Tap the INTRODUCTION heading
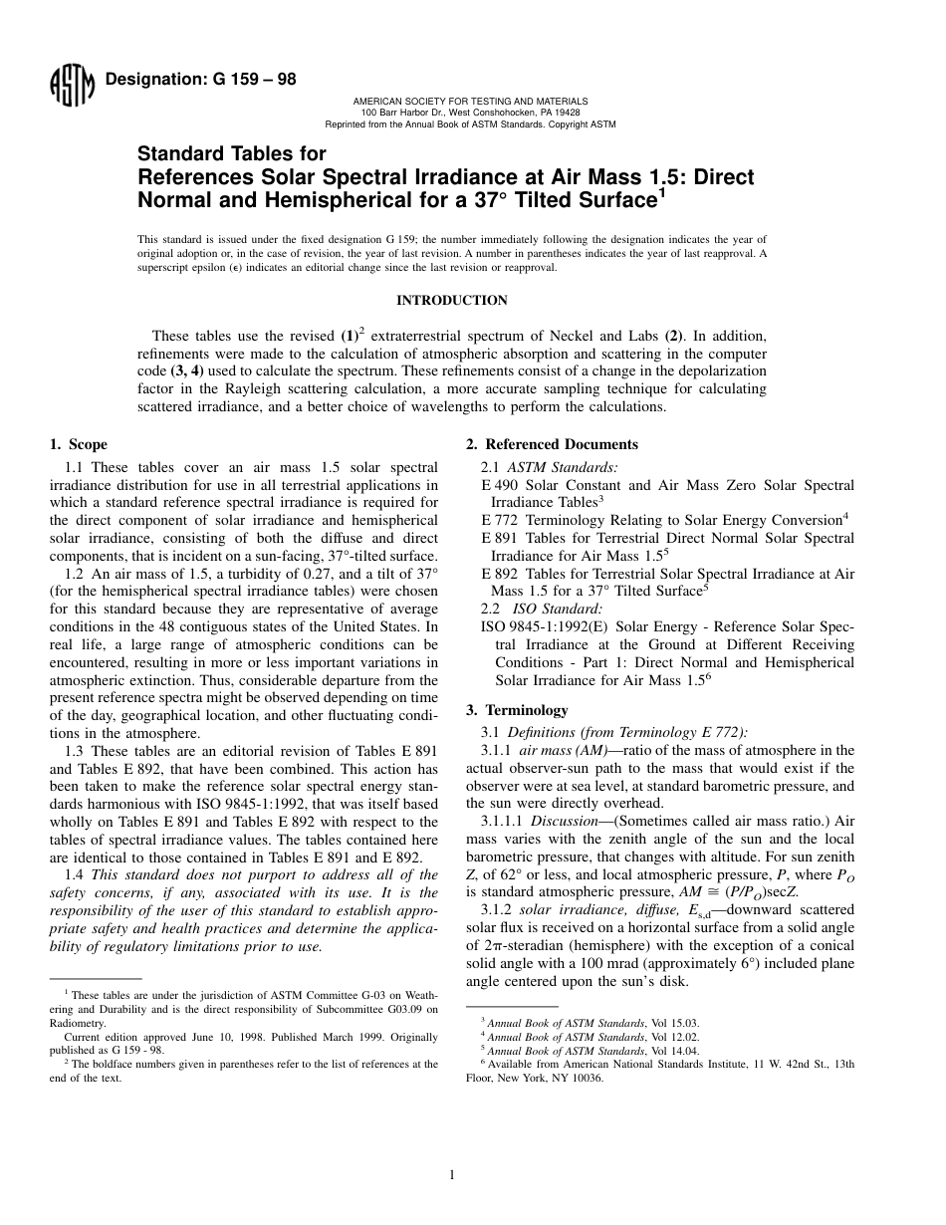pos(452,301)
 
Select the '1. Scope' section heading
pos(79,445)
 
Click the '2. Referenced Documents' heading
pos(553,445)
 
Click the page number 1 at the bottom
pos(452,1175)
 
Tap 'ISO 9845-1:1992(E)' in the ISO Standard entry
pos(545,626)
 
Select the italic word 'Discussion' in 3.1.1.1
pos(563,822)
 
